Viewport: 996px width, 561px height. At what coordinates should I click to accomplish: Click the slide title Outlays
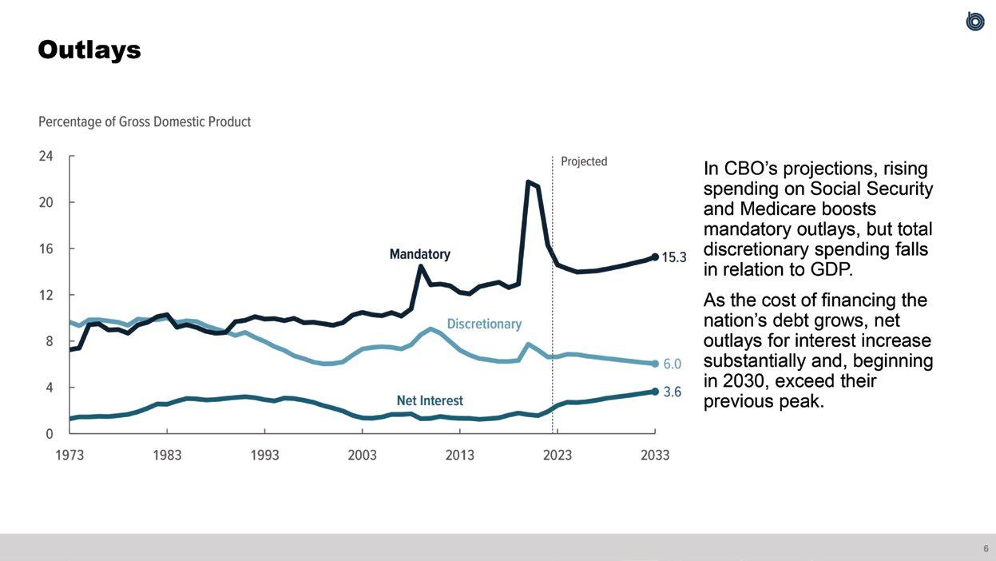coord(89,50)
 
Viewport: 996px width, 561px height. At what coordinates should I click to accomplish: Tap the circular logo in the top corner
coord(974,22)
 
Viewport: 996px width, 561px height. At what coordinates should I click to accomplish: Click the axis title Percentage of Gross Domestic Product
coord(145,122)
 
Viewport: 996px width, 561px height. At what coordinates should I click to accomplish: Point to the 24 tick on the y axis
coord(46,156)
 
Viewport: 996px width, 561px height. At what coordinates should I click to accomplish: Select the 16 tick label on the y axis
coord(46,249)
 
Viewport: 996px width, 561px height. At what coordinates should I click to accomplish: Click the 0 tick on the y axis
coord(50,434)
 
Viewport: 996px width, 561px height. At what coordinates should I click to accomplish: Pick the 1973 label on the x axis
coord(70,455)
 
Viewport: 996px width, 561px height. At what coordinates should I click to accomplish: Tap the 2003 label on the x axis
coord(362,455)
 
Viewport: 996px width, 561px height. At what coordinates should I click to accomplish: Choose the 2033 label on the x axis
coord(655,455)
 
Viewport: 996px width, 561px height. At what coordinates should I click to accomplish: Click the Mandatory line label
coord(419,254)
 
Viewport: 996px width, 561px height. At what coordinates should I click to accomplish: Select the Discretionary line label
coord(484,324)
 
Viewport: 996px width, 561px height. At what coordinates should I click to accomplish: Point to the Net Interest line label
coord(430,400)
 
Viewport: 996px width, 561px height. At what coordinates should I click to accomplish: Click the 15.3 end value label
coord(675,258)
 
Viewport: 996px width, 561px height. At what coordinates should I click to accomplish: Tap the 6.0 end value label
coord(673,364)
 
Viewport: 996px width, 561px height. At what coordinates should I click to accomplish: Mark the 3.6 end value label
coord(673,392)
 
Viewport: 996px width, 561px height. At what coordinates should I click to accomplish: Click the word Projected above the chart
coord(584,161)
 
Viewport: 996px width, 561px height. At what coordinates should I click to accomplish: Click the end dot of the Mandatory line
coord(655,257)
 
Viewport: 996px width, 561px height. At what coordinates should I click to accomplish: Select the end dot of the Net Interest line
coord(655,392)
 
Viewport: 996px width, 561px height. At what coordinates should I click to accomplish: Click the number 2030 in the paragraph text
coord(743,381)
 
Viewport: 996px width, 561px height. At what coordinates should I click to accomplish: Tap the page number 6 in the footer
coord(986,548)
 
